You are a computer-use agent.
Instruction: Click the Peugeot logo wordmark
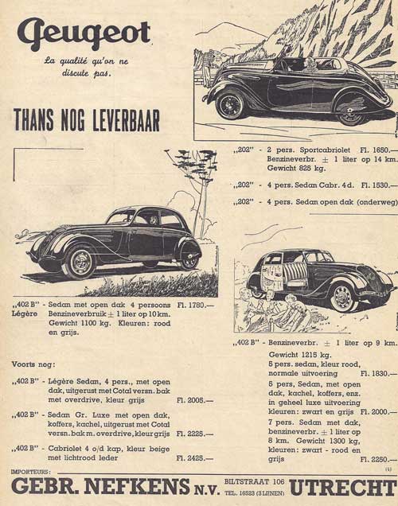pos(84,33)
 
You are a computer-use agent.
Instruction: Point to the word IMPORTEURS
pos(33,472)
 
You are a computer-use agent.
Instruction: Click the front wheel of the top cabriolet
pos(231,104)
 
